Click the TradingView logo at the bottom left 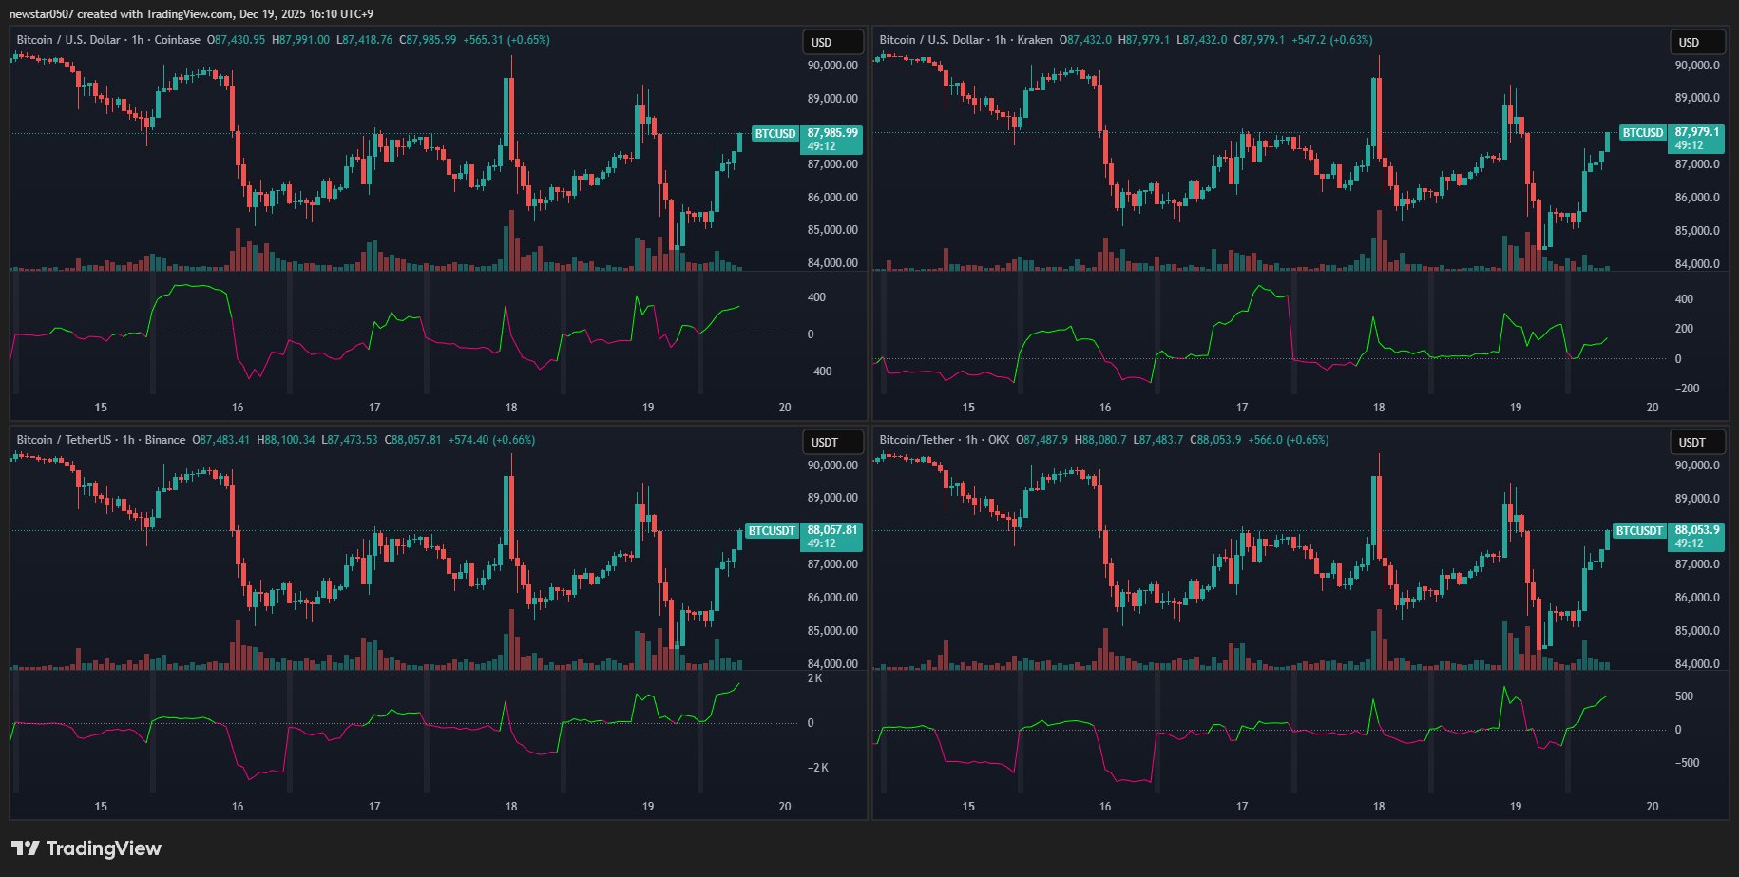pyautogui.click(x=86, y=848)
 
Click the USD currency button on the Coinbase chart pyautogui.click(x=832, y=42)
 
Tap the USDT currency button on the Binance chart pyautogui.click(x=832, y=442)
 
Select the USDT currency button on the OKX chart pyautogui.click(x=1697, y=442)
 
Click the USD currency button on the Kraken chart pyautogui.click(x=1697, y=42)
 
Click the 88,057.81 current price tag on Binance pyautogui.click(x=832, y=530)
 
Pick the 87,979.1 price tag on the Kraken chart pyautogui.click(x=1697, y=133)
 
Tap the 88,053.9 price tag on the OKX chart pyautogui.click(x=1697, y=530)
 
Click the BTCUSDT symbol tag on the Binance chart pyautogui.click(x=771, y=531)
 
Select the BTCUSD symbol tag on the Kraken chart pyautogui.click(x=1642, y=133)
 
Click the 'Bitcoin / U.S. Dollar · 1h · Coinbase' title pyautogui.click(x=108, y=40)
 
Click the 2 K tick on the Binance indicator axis pyautogui.click(x=814, y=678)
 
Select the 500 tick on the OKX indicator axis pyautogui.click(x=1684, y=696)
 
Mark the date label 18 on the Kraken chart pyautogui.click(x=1379, y=407)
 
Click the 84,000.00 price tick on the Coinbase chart pyautogui.click(x=832, y=263)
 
